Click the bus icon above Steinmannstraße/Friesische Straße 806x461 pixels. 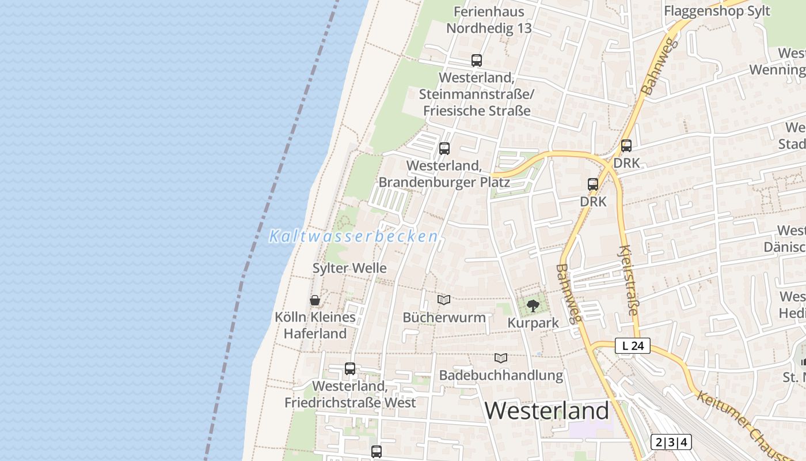(477, 60)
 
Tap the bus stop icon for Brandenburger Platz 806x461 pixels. (444, 148)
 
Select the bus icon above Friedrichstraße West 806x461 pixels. (350, 369)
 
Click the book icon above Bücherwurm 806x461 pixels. (444, 300)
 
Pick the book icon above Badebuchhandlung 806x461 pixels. (501, 358)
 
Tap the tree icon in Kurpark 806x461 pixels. (533, 305)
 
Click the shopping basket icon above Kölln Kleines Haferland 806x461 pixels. (315, 300)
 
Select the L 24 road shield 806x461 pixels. (633, 346)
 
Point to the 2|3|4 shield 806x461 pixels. (671, 443)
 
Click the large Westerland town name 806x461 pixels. (546, 411)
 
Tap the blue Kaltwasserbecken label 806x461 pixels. (353, 236)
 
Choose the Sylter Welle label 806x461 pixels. (349, 268)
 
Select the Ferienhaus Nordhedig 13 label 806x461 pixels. (489, 20)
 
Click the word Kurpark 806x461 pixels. (533, 323)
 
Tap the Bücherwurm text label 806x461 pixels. (444, 318)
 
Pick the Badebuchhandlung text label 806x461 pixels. (501, 375)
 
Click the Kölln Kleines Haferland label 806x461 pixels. (315, 325)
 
